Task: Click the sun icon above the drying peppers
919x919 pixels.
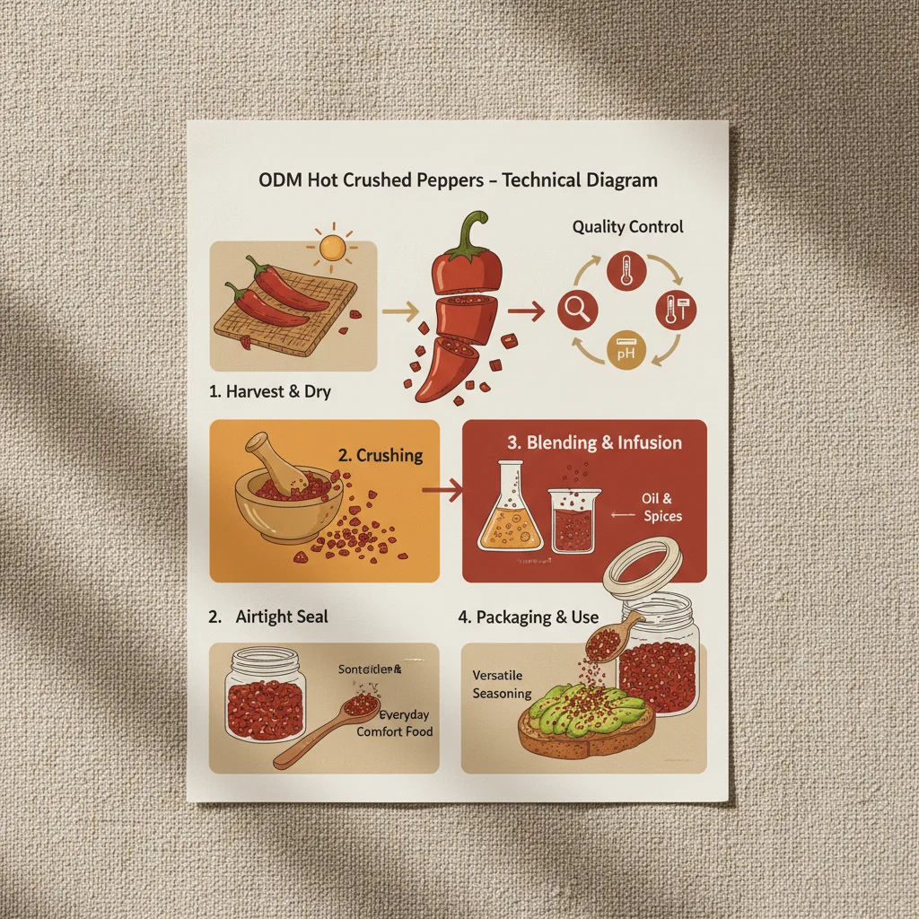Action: pos(331,247)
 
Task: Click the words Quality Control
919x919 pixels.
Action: pos(627,227)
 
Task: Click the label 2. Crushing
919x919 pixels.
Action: pos(380,455)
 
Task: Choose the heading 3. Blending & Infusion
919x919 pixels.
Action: pos(594,442)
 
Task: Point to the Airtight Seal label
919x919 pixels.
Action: pos(281,617)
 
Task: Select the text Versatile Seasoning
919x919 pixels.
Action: pos(502,684)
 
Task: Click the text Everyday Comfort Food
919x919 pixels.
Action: pos(394,723)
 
